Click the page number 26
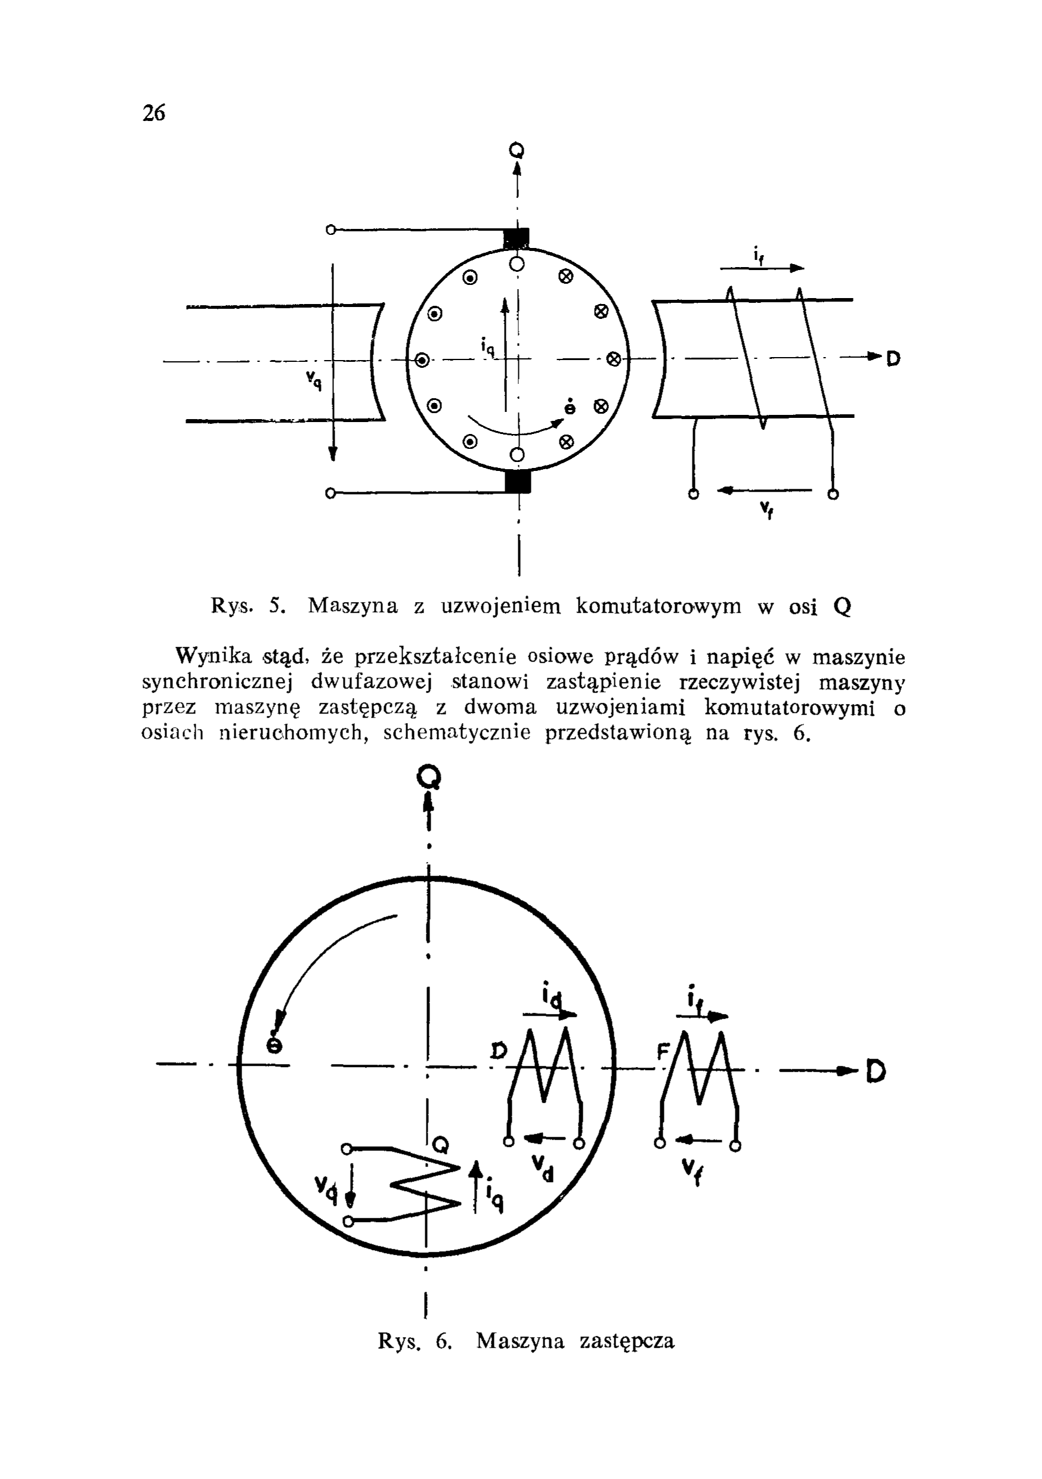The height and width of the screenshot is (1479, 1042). point(154,113)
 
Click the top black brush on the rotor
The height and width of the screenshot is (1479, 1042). point(517,238)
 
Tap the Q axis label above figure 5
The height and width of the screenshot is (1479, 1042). point(516,151)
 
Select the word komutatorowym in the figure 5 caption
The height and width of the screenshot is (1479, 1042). point(658,606)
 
